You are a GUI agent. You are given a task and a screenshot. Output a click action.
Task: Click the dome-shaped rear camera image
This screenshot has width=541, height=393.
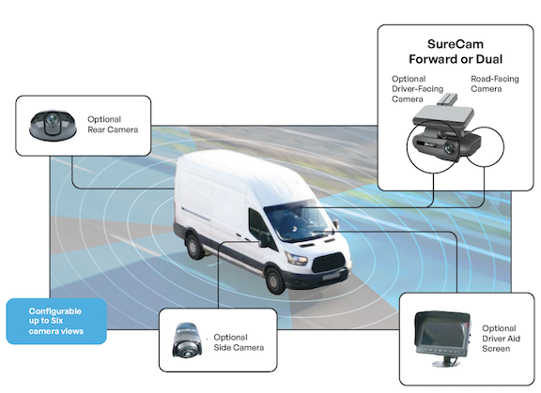click(53, 126)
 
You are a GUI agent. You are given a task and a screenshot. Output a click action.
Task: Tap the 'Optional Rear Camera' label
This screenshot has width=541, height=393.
click(113, 125)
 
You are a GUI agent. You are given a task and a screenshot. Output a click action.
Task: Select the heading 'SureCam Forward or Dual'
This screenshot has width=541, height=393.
click(456, 52)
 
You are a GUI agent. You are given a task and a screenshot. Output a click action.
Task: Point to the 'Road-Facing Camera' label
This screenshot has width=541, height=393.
click(494, 83)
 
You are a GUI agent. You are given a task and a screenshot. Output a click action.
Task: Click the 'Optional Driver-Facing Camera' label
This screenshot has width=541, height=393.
click(417, 89)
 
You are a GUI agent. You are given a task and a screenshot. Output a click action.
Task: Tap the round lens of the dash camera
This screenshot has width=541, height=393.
click(449, 148)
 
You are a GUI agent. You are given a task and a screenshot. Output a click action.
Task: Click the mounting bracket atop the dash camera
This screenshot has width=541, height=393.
click(447, 99)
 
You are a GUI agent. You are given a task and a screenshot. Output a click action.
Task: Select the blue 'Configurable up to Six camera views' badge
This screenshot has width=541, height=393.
click(56, 321)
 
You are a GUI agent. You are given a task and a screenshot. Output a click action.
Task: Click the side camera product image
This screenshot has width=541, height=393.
click(185, 340)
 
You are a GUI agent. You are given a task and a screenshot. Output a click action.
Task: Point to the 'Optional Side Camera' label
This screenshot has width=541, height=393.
click(239, 342)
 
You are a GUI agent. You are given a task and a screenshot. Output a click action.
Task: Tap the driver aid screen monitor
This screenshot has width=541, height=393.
click(442, 333)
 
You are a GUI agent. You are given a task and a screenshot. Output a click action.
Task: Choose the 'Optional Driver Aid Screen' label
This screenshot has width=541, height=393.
click(501, 339)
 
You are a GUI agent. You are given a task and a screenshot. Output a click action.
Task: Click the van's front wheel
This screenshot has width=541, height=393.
click(275, 280)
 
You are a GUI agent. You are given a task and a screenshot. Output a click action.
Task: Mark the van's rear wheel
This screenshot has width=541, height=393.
click(194, 245)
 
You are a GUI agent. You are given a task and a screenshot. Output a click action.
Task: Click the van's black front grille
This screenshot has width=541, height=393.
click(329, 263)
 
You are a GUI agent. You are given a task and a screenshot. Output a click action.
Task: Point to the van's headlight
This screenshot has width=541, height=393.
click(297, 258)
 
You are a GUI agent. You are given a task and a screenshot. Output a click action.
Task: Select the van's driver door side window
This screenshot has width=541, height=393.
click(259, 226)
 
